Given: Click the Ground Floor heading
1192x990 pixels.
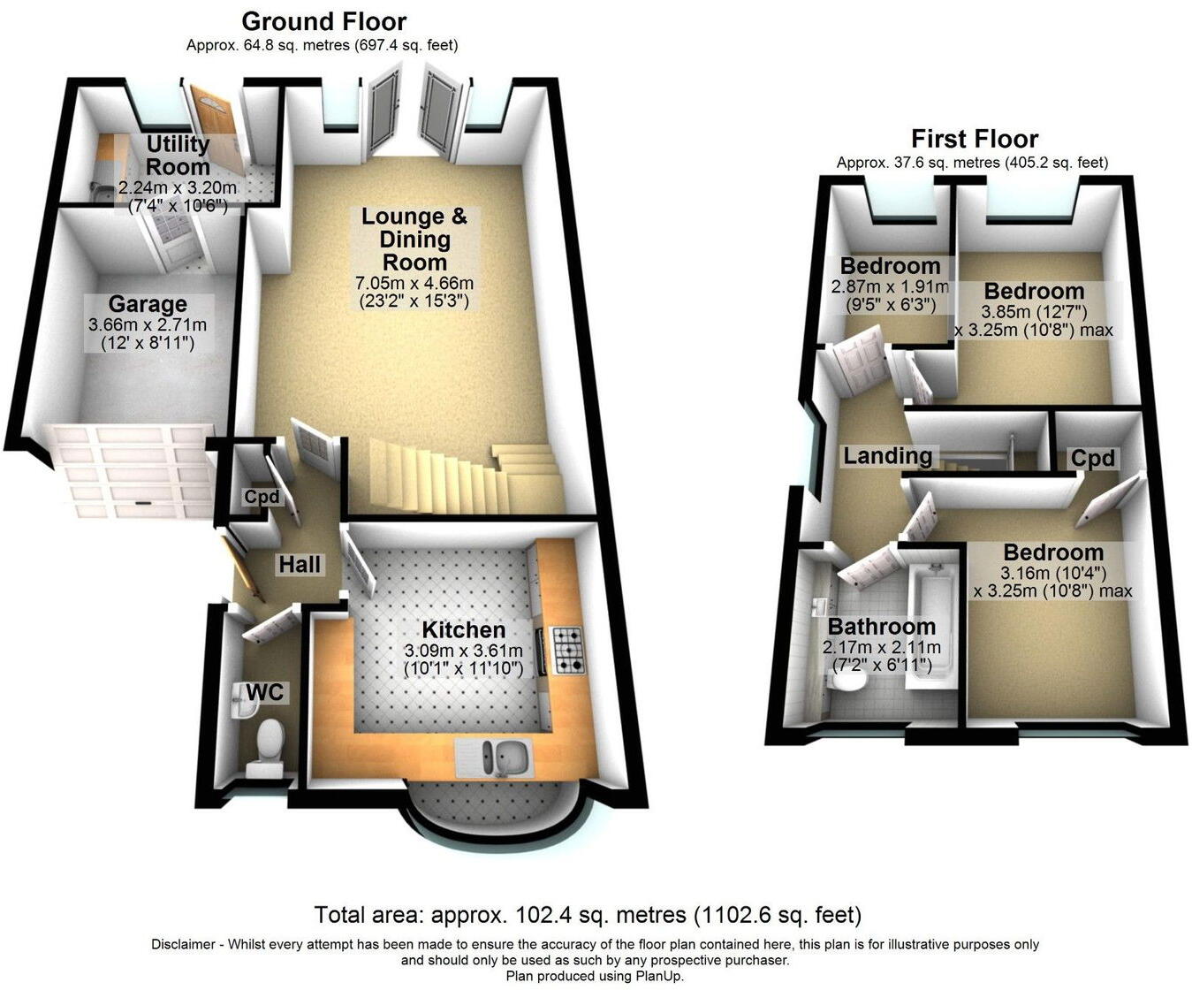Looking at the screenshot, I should [323, 21].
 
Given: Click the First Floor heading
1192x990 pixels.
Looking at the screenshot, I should [974, 139].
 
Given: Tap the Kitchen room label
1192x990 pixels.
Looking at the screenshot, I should [463, 630].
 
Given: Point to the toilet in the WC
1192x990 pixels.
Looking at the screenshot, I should [265, 742].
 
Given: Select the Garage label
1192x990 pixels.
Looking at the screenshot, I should [148, 305].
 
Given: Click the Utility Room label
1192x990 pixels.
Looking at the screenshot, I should [178, 156].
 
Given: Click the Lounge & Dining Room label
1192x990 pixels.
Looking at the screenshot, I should [414, 240].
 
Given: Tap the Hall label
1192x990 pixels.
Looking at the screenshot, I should [300, 565].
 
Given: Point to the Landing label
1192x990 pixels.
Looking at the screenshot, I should [887, 456].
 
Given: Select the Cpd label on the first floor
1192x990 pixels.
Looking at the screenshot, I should [1092, 459].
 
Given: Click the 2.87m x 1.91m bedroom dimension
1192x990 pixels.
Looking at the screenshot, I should [889, 287].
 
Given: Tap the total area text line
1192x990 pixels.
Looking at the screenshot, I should [588, 914].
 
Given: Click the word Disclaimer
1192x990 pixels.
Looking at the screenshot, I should [183, 945].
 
